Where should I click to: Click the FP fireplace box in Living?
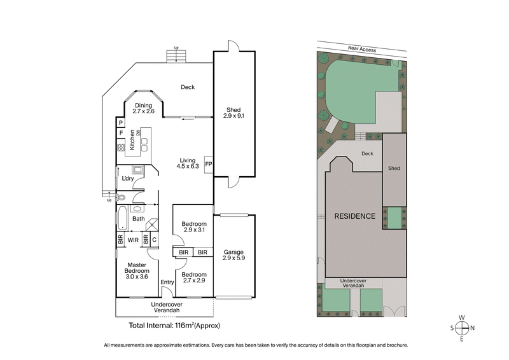coord(208,163)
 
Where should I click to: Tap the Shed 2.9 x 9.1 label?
coord(234,113)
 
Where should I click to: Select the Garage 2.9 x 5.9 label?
coord(234,256)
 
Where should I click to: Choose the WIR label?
coord(134,240)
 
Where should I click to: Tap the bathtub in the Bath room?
coord(122,219)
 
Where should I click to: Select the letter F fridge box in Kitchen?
coord(120,134)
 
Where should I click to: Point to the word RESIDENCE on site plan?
coord(354,216)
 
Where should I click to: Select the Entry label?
coord(167,282)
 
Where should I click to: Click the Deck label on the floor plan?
coord(187,88)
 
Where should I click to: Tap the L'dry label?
coord(128,178)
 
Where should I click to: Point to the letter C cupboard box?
coord(154,240)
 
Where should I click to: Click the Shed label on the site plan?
coord(394,168)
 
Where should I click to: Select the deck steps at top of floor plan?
coord(176,57)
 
